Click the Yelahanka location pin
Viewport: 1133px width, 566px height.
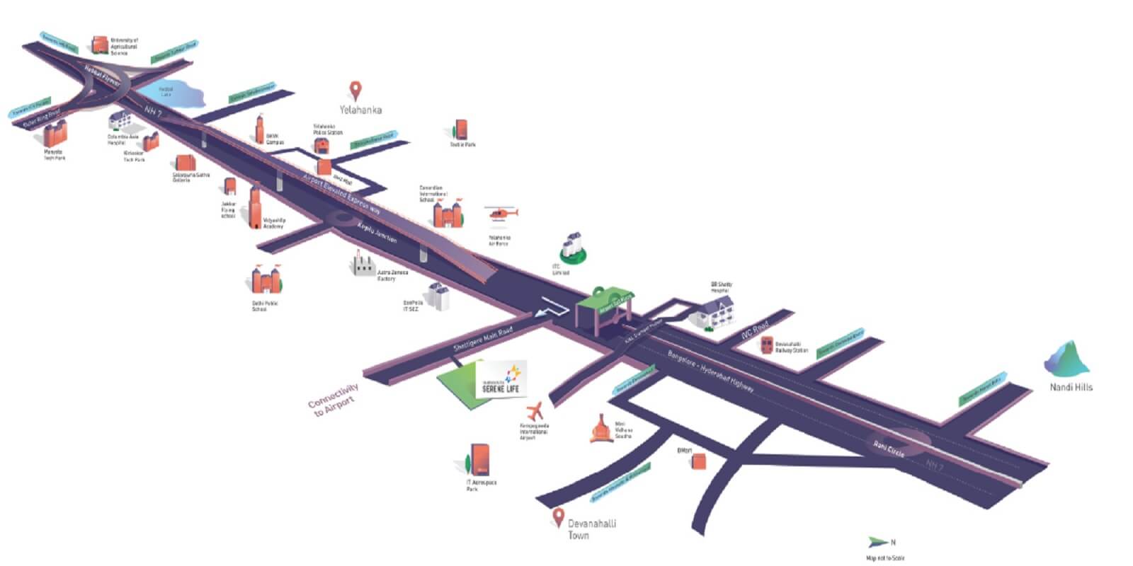pyautogui.click(x=356, y=91)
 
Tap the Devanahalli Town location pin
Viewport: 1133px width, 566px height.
pyautogui.click(x=559, y=516)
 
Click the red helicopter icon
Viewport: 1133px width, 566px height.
pyautogui.click(x=502, y=212)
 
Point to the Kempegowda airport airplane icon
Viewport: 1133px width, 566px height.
pyautogui.click(x=535, y=410)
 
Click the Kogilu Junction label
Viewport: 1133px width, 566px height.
pyautogui.click(x=377, y=233)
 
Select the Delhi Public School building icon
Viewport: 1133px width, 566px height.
pyautogui.click(x=266, y=279)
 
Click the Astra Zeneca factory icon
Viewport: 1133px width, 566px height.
pyautogui.click(x=364, y=266)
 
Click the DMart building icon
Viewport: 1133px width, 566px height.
pyautogui.click(x=699, y=461)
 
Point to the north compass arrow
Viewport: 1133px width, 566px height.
pyautogui.click(x=878, y=543)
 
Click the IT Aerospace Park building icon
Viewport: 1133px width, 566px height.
pyautogui.click(x=479, y=461)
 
